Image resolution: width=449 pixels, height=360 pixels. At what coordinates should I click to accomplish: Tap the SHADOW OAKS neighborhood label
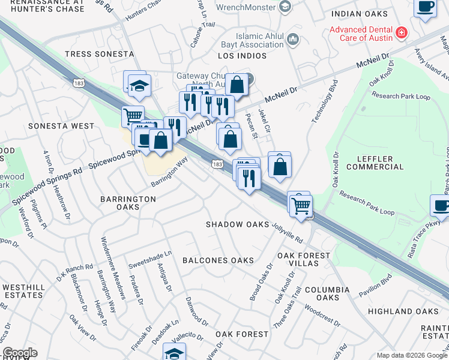pos(238,224)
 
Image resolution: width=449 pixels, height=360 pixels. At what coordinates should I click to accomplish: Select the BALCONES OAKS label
pos(218,260)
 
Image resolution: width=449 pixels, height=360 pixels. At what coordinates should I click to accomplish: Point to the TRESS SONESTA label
pos(99,54)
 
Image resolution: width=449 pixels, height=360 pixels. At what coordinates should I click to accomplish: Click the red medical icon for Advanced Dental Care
pos(401,32)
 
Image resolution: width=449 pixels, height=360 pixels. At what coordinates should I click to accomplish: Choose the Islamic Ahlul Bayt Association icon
pos(293,40)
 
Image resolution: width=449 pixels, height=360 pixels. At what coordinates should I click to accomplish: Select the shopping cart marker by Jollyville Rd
pos(301,205)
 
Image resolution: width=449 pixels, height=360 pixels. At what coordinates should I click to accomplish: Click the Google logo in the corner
pos(20,353)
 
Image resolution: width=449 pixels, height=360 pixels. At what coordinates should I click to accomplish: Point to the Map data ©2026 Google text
pos(411,355)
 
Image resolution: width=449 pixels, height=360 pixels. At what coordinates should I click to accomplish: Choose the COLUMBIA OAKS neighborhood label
pos(327,293)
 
